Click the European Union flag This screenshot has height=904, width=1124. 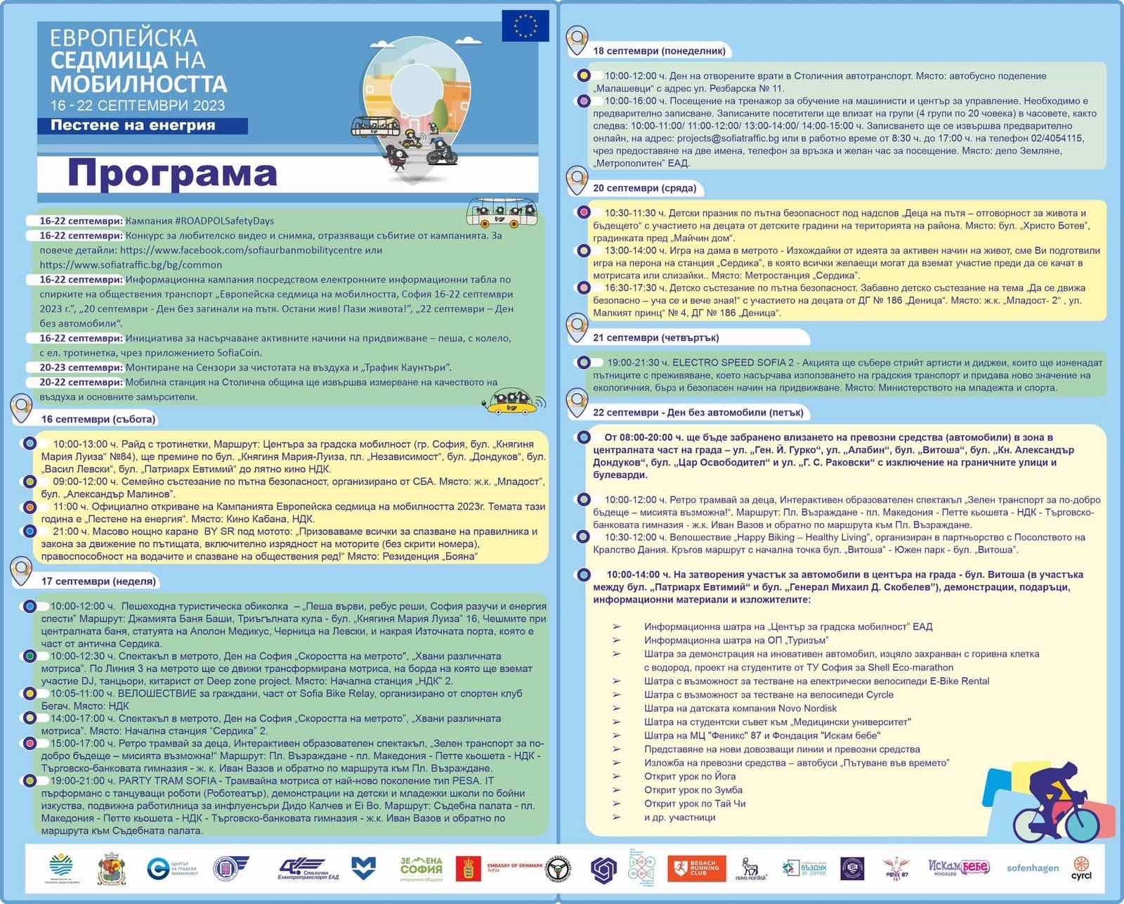pyautogui.click(x=525, y=26)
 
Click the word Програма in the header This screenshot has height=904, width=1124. pyautogui.click(x=173, y=174)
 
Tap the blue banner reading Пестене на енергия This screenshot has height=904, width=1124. pyautogui.click(x=142, y=126)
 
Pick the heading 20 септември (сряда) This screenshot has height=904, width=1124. pyautogui.click(x=645, y=188)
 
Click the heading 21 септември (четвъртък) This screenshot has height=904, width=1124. pyautogui.click(x=655, y=337)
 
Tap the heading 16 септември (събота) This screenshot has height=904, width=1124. pyautogui.click(x=98, y=419)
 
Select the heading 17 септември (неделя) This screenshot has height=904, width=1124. pyautogui.click(x=98, y=581)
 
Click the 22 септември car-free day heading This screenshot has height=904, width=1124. pyautogui.click(x=698, y=413)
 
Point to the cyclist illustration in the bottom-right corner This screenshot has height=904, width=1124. pyautogui.click(x=1054, y=801)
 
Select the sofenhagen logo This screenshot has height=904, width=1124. pyautogui.click(x=1032, y=868)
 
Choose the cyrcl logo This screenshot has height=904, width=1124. pyautogui.click(x=1081, y=869)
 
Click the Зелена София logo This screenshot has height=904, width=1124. pyautogui.click(x=421, y=868)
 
